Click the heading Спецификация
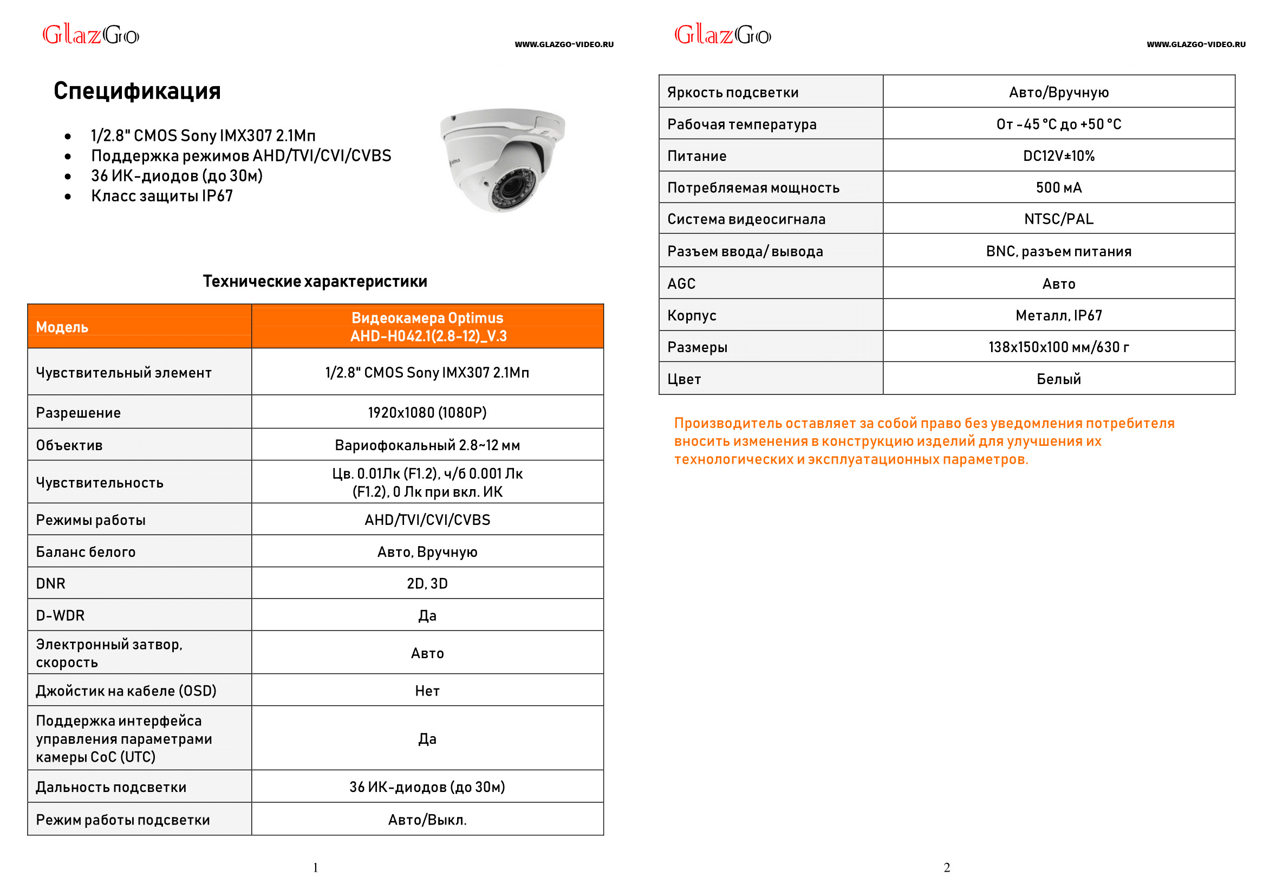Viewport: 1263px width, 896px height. pos(137,91)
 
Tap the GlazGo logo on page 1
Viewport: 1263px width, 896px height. pos(91,35)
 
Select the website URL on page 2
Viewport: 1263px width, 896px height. pos(1195,44)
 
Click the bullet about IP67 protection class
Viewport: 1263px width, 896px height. pos(161,196)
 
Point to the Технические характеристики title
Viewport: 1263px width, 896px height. pos(315,281)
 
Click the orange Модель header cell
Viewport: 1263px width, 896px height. pos(62,327)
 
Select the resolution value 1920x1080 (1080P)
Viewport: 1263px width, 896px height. pos(427,413)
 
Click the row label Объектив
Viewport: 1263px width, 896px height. pos(69,445)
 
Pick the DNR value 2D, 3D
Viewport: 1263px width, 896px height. pos(427,584)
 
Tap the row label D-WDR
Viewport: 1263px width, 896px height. pos(60,616)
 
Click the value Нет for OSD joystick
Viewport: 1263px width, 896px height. pos(427,691)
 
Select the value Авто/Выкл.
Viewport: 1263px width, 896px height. pos(427,820)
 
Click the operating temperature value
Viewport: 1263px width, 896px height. pos(1058,124)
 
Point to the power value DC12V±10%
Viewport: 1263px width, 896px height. pos(1058,156)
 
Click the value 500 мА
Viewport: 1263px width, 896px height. pos(1058,187)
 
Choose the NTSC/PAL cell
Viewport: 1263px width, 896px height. pos(1058,219)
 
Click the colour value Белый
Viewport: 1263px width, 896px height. pos(1058,379)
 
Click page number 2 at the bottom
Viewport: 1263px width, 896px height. pos(946,868)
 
